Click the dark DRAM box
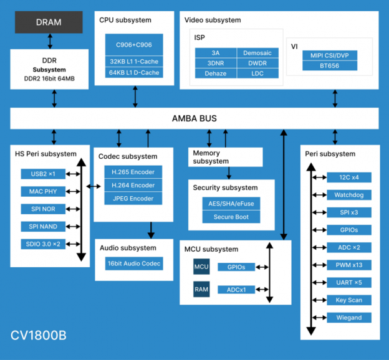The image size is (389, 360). [x=49, y=22]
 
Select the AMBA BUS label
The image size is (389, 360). [x=194, y=118]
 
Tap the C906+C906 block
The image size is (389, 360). [x=133, y=45]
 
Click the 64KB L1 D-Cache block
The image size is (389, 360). [x=133, y=73]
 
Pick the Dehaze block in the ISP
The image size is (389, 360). [x=215, y=73]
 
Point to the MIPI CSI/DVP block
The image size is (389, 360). [x=329, y=55]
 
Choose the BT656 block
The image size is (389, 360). [x=329, y=65]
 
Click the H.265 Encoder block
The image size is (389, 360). [x=133, y=172]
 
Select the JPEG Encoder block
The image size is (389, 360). [x=133, y=199]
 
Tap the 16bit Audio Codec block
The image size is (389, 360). [x=133, y=263]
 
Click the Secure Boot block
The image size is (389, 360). [x=231, y=217]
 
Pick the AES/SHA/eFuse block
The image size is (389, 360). [x=231, y=204]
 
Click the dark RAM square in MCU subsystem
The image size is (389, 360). [x=201, y=290]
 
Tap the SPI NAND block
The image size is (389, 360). [x=43, y=226]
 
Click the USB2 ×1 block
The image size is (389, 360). [x=43, y=174]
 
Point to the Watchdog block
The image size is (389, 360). [x=349, y=195]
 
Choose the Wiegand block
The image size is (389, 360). [x=349, y=318]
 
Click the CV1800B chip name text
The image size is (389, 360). [x=39, y=335]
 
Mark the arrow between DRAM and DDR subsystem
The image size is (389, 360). [x=49, y=41]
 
